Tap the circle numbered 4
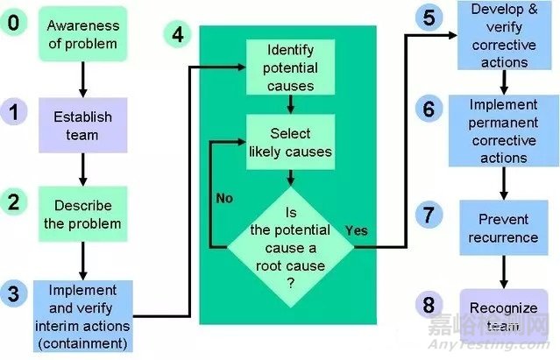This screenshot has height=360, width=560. tap(178, 35)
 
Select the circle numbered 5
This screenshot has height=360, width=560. tap(428, 17)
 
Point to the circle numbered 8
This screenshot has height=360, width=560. tap(428, 305)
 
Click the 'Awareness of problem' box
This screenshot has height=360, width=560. tap(82, 33)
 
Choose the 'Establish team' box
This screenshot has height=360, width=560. tap(82, 124)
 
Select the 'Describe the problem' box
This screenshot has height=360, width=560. tap(82, 214)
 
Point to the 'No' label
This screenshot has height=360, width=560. tap(224, 198)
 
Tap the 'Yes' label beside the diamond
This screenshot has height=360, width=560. tap(356, 230)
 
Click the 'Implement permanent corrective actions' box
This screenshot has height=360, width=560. tap(504, 131)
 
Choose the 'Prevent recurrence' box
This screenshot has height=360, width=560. tap(504, 228)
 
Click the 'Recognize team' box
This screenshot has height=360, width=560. tap(504, 315)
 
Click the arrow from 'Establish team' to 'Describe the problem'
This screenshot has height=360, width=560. tap(82, 167)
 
